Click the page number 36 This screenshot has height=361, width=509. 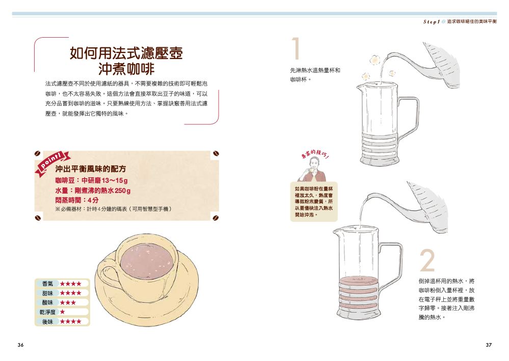pos(20,345)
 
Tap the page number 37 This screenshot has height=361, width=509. pos(489,345)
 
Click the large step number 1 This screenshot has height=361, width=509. pos(296,48)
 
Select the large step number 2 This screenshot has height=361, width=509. pos(427,260)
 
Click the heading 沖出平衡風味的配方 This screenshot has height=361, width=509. pos(90,169)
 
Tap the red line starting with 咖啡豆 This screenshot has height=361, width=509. pos(91,180)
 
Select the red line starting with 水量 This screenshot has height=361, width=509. pos(93,190)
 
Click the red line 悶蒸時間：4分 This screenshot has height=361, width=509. pos(76,200)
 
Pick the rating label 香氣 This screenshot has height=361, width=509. pos(47,284)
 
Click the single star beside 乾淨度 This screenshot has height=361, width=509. pos(62,312)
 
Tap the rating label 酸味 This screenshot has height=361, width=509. pos(47,302)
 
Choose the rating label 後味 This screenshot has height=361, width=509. pos(47,321)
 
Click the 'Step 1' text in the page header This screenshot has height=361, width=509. pos(431,22)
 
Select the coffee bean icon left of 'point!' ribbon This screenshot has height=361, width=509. pos(38,153)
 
